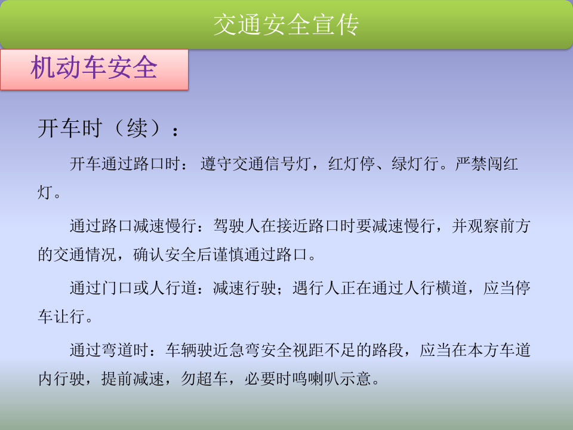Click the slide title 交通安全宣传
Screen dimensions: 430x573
(x=286, y=24)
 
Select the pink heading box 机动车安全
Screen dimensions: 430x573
(x=94, y=69)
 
